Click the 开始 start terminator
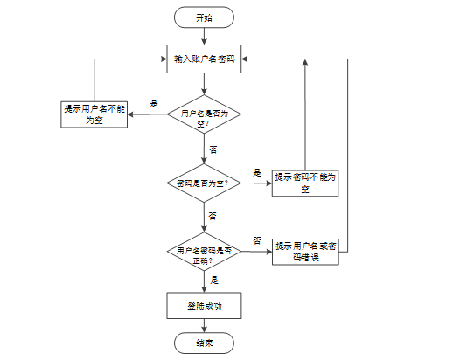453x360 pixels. [204, 17]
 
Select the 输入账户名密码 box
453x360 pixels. [204, 59]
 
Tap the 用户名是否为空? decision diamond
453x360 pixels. [204, 117]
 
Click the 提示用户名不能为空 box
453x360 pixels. [94, 114]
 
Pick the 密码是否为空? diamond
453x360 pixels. [204, 183]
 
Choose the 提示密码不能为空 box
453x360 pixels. [305, 182]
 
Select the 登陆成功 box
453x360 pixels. [204, 305]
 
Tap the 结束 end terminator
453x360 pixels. [204, 343]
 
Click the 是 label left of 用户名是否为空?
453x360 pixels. [154, 103]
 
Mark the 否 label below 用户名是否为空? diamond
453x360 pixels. [213, 149]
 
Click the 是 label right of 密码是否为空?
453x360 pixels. [257, 172]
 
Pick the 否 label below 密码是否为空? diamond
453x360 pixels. [213, 215]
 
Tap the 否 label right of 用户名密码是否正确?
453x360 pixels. [257, 239]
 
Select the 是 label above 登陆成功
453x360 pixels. [214, 280]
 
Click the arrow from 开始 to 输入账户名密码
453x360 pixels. [204, 36]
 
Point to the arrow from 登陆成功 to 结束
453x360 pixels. [204, 325]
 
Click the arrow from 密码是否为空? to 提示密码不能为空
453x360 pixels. [255, 183]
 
